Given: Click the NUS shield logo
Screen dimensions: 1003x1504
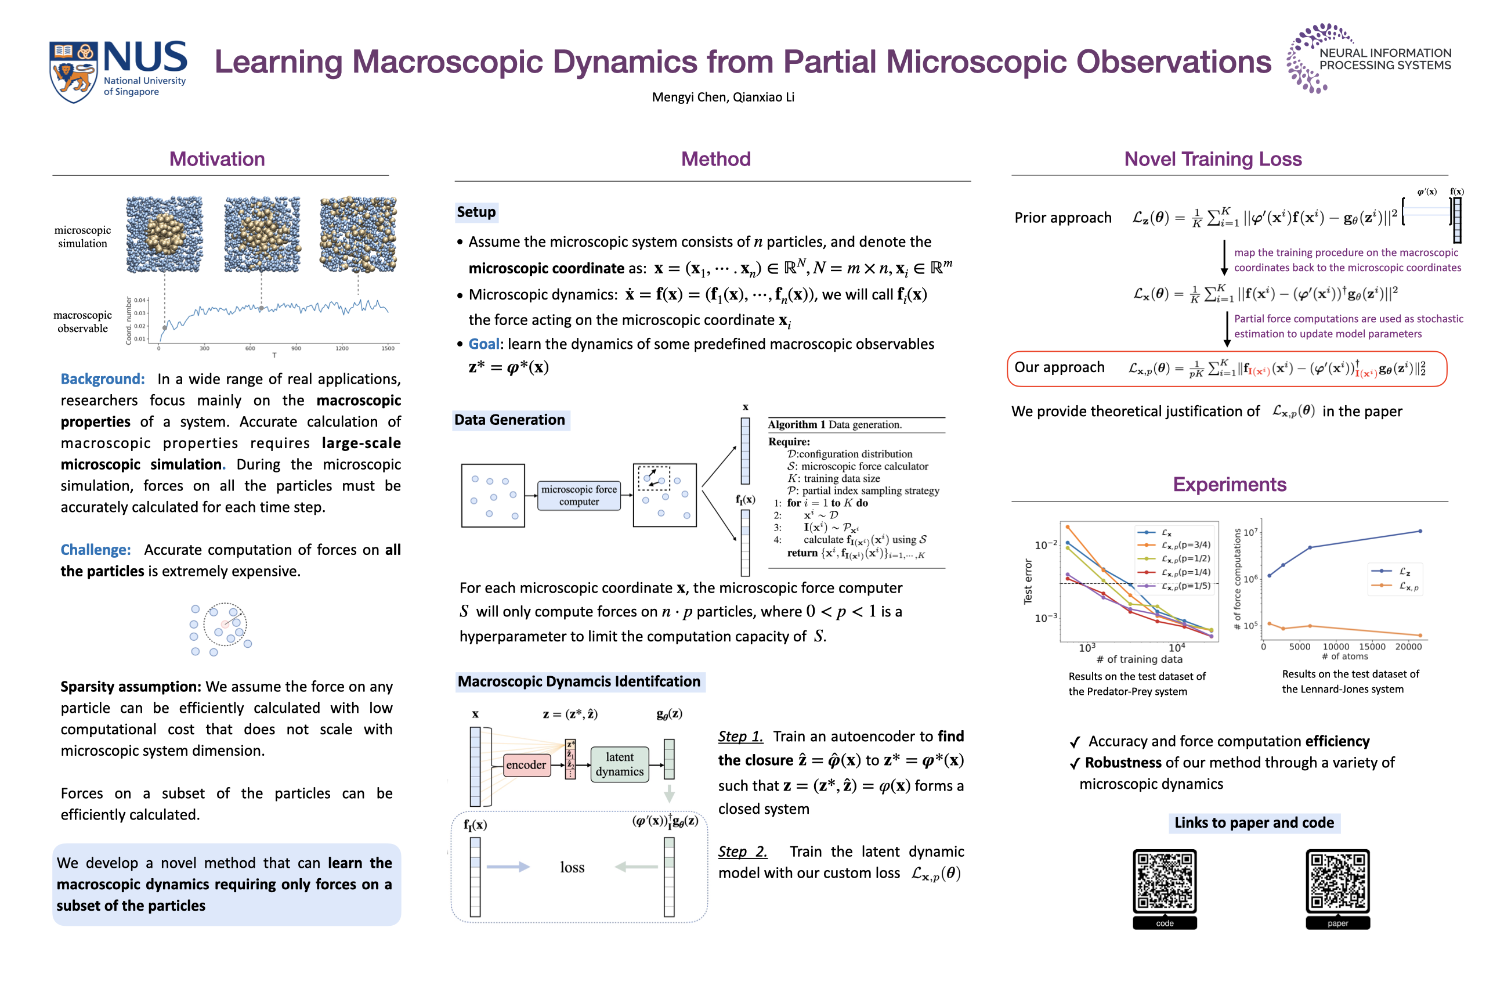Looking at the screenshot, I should click(73, 71).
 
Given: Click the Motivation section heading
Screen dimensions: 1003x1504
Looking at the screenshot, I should click(217, 158).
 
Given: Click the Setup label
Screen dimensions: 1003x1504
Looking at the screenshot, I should click(476, 212).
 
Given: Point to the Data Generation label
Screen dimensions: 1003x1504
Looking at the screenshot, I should click(509, 420).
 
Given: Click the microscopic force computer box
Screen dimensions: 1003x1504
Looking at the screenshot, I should click(579, 495).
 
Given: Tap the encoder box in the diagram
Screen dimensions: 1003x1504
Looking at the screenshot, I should click(526, 764).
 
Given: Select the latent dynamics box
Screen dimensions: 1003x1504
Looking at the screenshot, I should click(619, 764).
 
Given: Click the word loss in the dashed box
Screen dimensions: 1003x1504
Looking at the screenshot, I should click(572, 867).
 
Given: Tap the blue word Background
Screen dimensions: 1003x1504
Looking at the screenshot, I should click(102, 378).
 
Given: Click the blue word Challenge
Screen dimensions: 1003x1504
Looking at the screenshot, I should click(95, 550).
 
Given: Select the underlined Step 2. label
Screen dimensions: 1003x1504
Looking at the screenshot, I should click(742, 852).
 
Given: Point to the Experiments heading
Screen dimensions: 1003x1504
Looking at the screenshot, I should click(1229, 484).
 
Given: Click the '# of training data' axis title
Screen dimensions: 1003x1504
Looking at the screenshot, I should click(1139, 659).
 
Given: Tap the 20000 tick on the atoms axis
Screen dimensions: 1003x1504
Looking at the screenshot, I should click(1408, 647).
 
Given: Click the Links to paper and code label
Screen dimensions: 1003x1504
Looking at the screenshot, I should click(1254, 822).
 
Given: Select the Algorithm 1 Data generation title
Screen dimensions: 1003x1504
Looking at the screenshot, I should click(834, 425).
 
